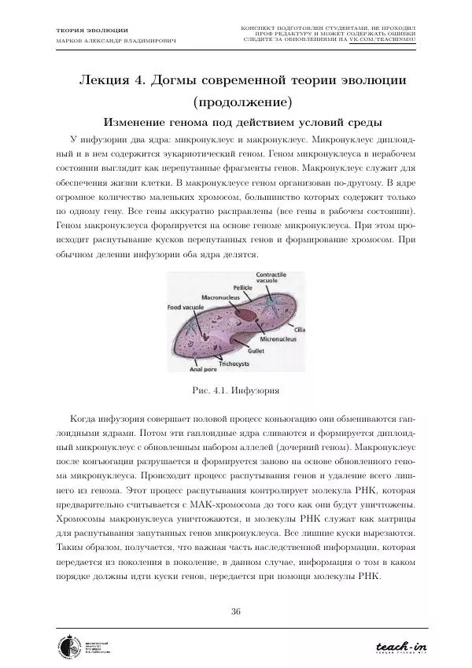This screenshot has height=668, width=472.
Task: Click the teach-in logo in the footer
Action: pyautogui.click(x=400, y=647)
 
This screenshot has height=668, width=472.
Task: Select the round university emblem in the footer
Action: pyautogui.click(x=68, y=647)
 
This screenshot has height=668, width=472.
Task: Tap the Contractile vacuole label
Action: pyautogui.click(x=271, y=278)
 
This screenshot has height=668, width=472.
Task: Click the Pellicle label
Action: pyautogui.click(x=235, y=289)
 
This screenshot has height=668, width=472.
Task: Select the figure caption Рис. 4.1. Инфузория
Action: pyautogui.click(x=235, y=389)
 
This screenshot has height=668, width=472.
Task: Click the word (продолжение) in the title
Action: pyautogui.click(x=235, y=102)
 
